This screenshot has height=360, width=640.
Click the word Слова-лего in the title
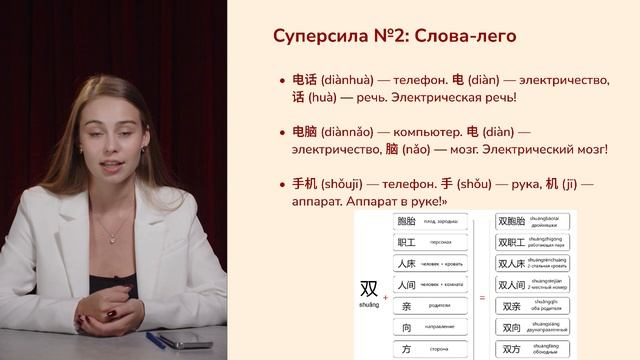[464, 36]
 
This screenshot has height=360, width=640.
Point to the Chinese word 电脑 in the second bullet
[304, 131]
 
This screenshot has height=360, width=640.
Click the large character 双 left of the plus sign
[369, 288]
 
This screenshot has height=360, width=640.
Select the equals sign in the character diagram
[482, 297]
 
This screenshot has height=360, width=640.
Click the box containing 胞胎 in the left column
[431, 221]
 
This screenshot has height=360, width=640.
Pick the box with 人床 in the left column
[431, 265]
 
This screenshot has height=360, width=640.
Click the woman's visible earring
[148, 151]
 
